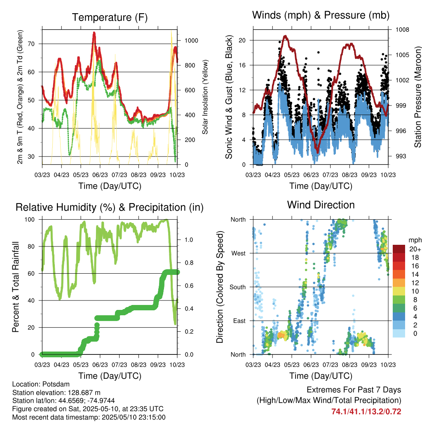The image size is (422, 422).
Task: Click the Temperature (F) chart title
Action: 110,17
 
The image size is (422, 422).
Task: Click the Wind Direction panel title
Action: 321,205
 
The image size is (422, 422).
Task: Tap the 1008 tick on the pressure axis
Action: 402,30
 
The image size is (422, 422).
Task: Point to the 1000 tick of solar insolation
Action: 191,41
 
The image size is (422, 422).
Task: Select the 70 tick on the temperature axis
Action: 31,44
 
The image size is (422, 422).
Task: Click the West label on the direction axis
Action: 239,253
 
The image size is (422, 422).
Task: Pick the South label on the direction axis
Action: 238,287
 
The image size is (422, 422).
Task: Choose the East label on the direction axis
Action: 239,321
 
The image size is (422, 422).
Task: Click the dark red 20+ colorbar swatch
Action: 399,249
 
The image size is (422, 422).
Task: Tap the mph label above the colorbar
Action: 415,240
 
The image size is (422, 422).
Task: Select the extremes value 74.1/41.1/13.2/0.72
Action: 366,412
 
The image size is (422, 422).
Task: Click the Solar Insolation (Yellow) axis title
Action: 205,97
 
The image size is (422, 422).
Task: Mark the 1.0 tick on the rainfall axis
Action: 189,240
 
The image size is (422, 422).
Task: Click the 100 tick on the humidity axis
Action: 30,220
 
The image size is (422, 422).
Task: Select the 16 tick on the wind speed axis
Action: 242,65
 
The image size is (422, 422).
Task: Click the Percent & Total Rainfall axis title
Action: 16,287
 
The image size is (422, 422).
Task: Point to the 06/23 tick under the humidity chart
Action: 100,365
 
